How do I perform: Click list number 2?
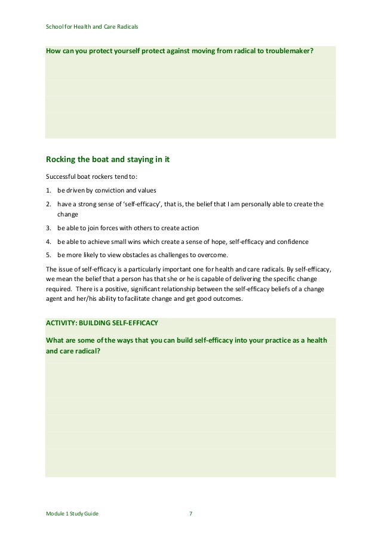(48, 205)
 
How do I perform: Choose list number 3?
(48, 229)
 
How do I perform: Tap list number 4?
(48, 242)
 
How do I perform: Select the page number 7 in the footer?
(190, 514)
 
